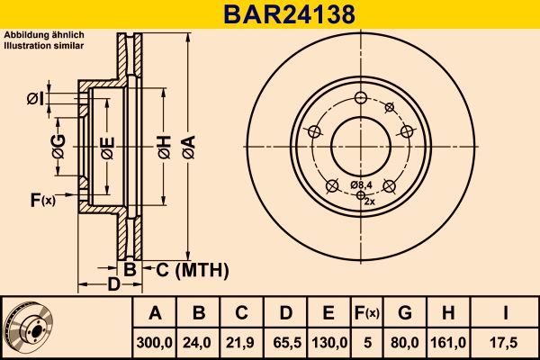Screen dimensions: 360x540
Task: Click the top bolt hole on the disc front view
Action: pos(359,98)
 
